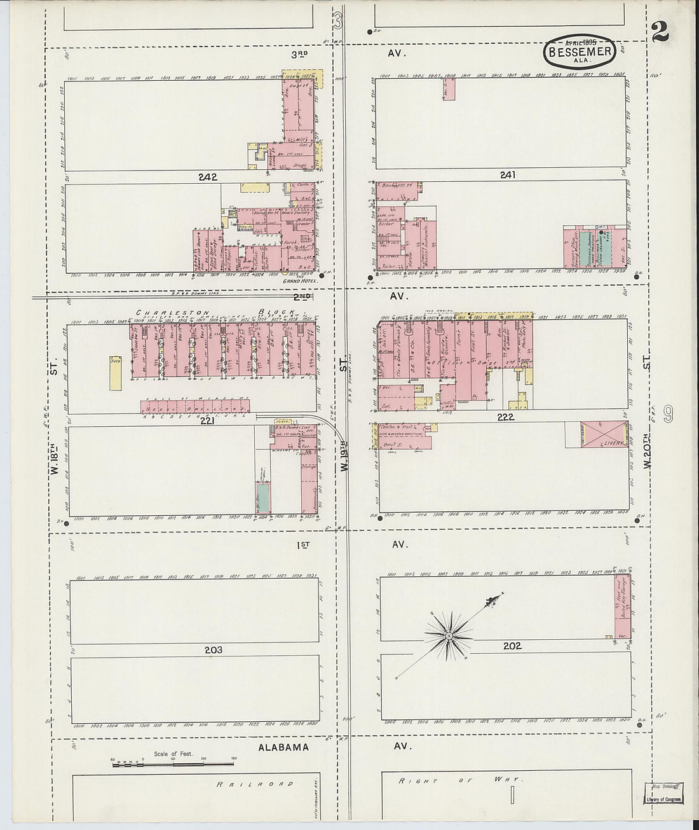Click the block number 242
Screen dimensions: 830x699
click(x=207, y=177)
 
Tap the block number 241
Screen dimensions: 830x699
click(x=507, y=174)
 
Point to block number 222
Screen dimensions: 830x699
click(x=505, y=417)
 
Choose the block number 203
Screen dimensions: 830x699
click(x=214, y=650)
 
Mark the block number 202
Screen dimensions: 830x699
click(x=512, y=646)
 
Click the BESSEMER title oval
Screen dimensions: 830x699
click(x=579, y=52)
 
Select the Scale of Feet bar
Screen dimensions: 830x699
click(x=173, y=763)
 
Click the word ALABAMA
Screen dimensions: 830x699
click(x=283, y=747)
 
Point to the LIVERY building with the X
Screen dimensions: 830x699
click(x=604, y=434)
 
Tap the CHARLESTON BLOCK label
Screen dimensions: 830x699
click(x=216, y=312)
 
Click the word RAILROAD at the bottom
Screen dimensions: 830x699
click(x=255, y=784)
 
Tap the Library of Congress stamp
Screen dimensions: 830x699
click(x=663, y=792)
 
